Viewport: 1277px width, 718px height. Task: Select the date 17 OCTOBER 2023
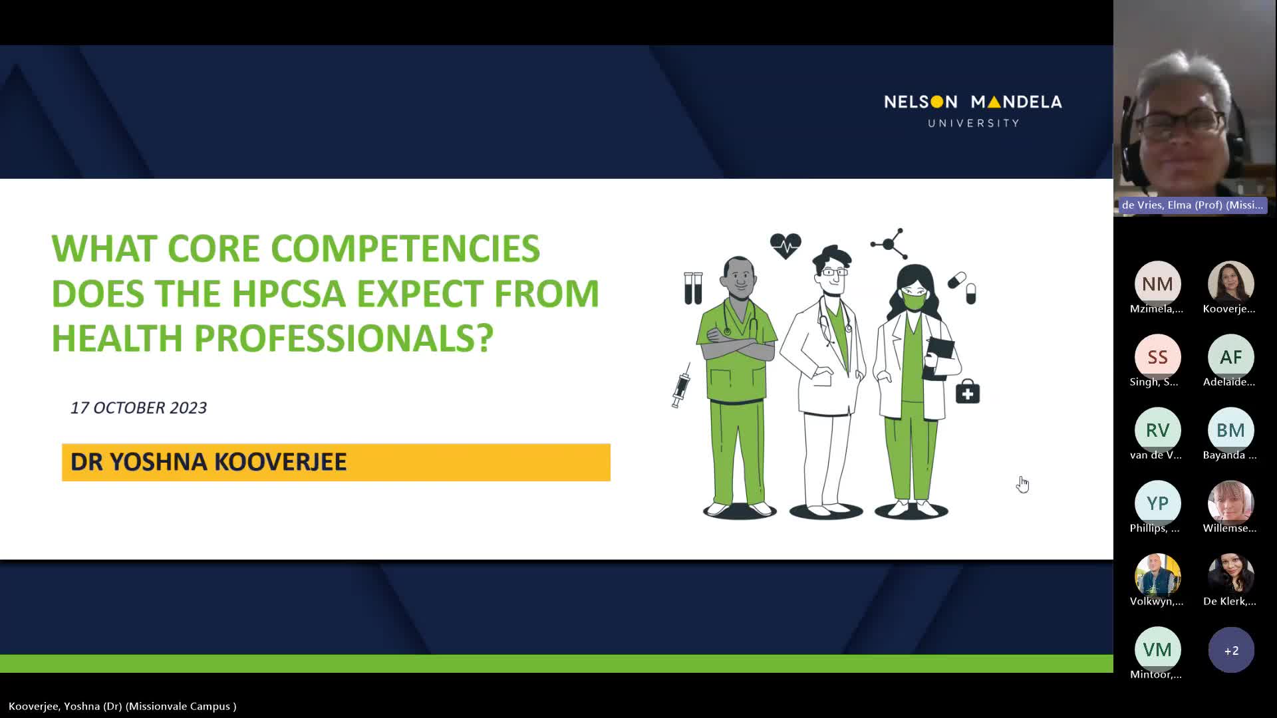(138, 408)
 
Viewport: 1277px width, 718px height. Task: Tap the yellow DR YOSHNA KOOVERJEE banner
(336, 462)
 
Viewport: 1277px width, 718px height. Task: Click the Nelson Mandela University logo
(973, 110)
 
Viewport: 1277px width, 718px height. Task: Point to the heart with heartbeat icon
(785, 245)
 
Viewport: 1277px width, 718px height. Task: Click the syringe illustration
(681, 385)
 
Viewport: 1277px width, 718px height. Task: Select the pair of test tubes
(693, 288)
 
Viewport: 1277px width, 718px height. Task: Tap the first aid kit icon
(968, 392)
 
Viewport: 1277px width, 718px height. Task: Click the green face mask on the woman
(914, 301)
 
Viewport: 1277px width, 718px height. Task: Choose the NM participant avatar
(1157, 284)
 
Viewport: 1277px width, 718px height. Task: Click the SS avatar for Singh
(1157, 357)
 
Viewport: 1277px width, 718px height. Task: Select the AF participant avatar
(1230, 357)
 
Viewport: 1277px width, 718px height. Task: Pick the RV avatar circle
(1157, 430)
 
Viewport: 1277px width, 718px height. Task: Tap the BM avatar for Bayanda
(1230, 430)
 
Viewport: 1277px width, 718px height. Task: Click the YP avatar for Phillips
(1157, 503)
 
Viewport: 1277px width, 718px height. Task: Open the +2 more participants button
(1231, 650)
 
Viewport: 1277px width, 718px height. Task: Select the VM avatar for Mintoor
(1157, 650)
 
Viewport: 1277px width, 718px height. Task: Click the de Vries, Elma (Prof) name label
(1192, 205)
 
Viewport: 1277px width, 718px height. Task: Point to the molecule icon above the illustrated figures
(889, 243)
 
